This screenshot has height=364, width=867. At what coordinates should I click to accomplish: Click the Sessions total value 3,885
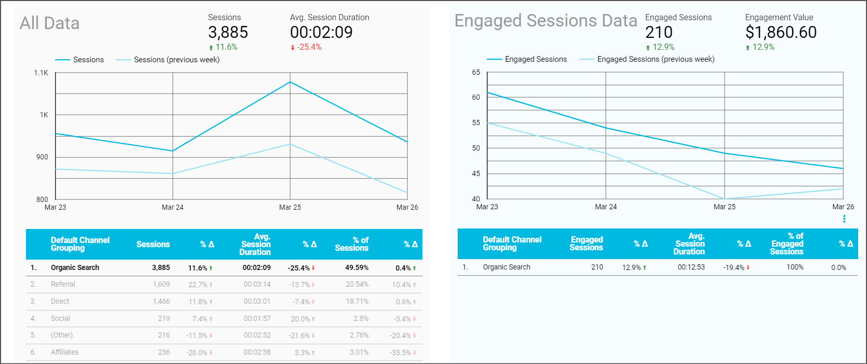click(x=228, y=32)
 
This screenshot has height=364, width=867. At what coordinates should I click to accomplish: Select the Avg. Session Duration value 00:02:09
click(x=321, y=32)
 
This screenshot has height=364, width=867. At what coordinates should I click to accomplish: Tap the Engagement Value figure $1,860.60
click(x=781, y=32)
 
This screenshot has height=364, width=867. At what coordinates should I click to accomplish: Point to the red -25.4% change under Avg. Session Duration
click(x=309, y=47)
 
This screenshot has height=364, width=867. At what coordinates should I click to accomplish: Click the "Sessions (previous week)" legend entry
click(x=176, y=60)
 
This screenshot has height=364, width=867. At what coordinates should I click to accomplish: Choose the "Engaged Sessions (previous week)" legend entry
click(x=656, y=59)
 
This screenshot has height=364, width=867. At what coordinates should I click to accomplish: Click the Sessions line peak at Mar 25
click(x=290, y=82)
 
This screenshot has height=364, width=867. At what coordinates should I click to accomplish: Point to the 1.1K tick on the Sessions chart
click(x=41, y=73)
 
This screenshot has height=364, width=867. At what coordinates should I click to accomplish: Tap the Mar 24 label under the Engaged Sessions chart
click(x=606, y=207)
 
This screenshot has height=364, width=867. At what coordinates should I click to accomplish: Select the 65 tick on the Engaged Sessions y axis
click(x=476, y=72)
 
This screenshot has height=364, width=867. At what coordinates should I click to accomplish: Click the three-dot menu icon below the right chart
click(x=844, y=219)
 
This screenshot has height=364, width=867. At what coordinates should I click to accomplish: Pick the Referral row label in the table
click(x=63, y=284)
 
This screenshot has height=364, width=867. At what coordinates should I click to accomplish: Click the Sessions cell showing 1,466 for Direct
click(x=161, y=301)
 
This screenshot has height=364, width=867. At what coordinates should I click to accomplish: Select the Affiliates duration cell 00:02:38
click(x=257, y=352)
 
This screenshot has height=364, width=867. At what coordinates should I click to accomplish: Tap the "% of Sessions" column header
click(x=352, y=244)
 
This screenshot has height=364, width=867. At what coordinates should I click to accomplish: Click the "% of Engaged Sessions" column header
click(x=786, y=244)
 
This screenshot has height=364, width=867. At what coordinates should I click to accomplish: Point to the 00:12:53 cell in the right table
click(x=691, y=267)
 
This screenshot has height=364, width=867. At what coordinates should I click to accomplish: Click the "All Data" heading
click(x=49, y=23)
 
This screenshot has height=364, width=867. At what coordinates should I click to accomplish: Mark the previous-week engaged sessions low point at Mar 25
click(x=725, y=198)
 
